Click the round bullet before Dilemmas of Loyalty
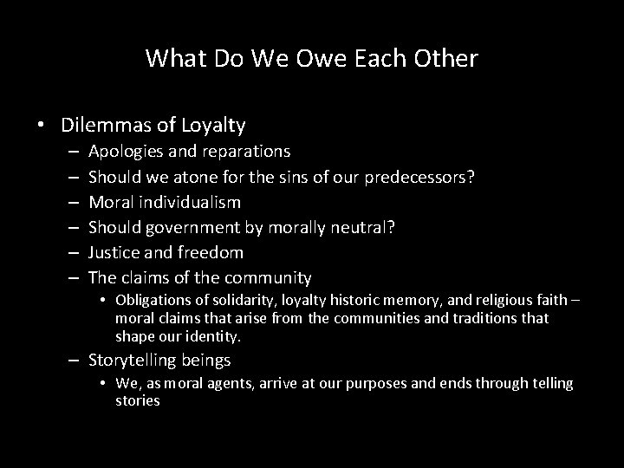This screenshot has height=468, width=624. [42, 126]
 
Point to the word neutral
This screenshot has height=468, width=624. [367, 227]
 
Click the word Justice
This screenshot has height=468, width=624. [115, 252]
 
